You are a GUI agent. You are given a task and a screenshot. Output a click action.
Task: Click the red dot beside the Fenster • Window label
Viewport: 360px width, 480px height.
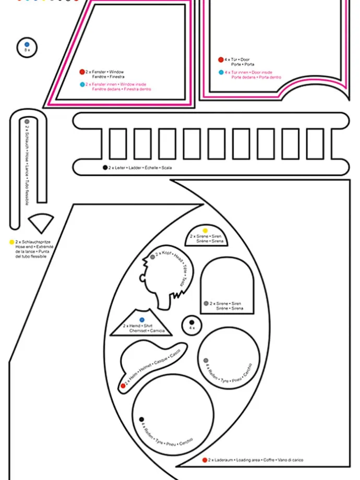(82, 72)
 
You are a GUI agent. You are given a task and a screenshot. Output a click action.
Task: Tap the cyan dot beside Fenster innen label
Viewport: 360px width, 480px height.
(82, 84)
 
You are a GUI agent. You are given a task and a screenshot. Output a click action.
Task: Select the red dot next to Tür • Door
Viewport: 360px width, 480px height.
(221, 60)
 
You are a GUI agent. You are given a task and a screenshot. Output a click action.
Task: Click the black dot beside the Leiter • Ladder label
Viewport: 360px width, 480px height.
(105, 167)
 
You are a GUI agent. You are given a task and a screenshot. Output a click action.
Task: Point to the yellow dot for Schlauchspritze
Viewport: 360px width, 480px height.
(11, 242)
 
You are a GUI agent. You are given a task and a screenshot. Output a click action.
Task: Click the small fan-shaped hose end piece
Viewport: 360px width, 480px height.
(41, 222)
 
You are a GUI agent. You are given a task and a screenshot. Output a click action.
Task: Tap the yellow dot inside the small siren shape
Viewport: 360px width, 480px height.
(205, 231)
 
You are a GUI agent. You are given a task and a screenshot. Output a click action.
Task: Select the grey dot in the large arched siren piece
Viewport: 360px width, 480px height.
(206, 303)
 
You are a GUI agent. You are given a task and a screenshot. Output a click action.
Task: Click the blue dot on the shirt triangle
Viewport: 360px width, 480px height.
(141, 319)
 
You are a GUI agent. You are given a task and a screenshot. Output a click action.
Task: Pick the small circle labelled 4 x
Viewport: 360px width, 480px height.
(191, 326)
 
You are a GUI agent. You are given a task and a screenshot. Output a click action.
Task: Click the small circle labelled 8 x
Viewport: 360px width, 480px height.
(27, 47)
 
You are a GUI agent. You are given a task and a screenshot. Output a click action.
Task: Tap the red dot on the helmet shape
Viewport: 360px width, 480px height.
(123, 386)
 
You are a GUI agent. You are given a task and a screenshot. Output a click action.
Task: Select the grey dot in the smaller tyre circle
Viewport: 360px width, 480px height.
(206, 361)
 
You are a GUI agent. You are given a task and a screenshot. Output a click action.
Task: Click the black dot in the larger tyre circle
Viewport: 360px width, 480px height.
(141, 419)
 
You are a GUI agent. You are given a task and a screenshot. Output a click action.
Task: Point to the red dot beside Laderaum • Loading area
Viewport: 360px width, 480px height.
(205, 460)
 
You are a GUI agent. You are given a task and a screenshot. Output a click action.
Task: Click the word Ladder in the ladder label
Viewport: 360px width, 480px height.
(135, 168)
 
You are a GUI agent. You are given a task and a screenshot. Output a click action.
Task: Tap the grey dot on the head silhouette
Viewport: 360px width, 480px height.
(152, 257)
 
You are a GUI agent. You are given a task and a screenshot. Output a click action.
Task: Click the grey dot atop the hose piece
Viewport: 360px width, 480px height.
(27, 122)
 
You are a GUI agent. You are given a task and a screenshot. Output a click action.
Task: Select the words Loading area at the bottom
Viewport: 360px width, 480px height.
(248, 460)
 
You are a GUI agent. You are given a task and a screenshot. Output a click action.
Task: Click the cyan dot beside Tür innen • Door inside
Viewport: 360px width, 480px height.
(221, 72)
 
